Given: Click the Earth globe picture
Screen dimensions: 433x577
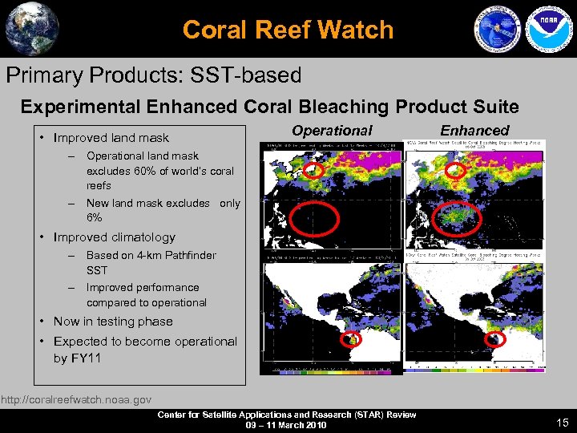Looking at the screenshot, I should (x=32, y=29).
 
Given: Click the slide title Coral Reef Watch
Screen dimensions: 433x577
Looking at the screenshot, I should (x=288, y=30).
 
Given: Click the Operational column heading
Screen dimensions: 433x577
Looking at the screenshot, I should (x=332, y=130).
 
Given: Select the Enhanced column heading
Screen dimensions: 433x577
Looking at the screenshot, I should (x=474, y=130).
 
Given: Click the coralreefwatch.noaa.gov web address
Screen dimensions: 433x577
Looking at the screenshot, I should (x=76, y=399).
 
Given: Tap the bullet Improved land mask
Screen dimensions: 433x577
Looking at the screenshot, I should (x=111, y=138).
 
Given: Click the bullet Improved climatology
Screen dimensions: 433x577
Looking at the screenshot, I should (x=114, y=237).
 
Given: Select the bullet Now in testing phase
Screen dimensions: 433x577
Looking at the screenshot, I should (x=113, y=322).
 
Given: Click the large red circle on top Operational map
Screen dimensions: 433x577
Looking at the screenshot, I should (x=314, y=217).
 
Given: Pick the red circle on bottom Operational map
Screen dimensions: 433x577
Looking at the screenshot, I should (x=350, y=340).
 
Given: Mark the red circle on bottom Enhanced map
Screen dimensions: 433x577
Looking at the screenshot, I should (x=494, y=340).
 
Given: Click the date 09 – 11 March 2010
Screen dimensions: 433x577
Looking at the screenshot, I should (x=287, y=425).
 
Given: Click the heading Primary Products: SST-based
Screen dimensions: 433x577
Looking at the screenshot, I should (x=154, y=75).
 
